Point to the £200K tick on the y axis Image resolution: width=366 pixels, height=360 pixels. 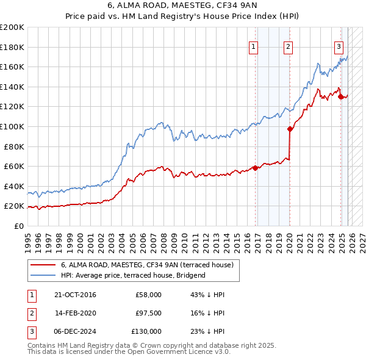[x=12, y=27]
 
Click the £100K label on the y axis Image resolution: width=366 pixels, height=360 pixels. [x=12, y=127]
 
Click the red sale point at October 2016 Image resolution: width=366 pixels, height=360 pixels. [x=255, y=168]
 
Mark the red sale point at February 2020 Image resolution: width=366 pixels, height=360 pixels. [x=290, y=129]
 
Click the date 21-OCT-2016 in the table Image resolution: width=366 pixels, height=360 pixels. [x=75, y=295]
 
